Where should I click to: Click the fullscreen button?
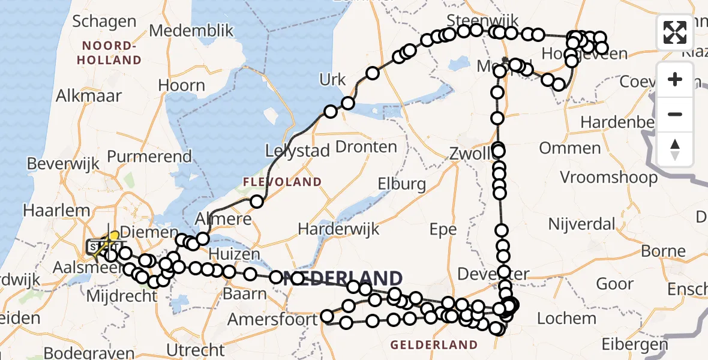pyautogui.click(x=675, y=32)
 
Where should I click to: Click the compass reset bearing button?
pyautogui.click(x=675, y=149)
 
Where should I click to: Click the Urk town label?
pyautogui.click(x=332, y=80)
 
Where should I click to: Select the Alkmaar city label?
pyautogui.click(x=89, y=96)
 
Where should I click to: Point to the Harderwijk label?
pyautogui.click(x=339, y=229)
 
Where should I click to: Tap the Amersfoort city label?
pyautogui.click(x=272, y=320)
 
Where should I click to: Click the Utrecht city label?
pyautogui.click(x=196, y=350)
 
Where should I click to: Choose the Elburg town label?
pyautogui.click(x=402, y=184)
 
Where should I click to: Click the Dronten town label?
pyautogui.click(x=366, y=147)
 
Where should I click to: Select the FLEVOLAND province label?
pyautogui.click(x=282, y=182)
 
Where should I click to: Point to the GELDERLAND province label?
pyautogui.click(x=434, y=345)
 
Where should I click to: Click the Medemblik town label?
pyautogui.click(x=191, y=31)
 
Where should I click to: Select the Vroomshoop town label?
pyautogui.click(x=608, y=178)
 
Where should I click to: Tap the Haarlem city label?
pyautogui.click(x=56, y=211)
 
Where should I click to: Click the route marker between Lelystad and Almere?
pyautogui.click(x=257, y=202)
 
